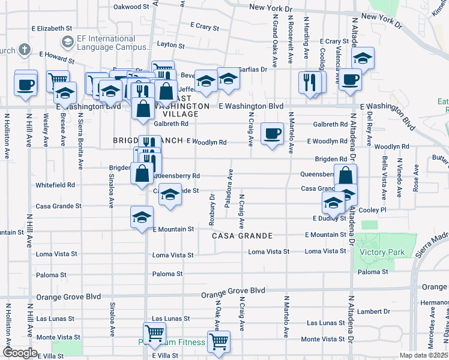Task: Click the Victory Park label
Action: click(382, 253)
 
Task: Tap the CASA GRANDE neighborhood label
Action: click(242, 236)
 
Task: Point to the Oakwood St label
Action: click(131, 7)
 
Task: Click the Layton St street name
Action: click(170, 44)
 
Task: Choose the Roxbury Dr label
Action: click(212, 209)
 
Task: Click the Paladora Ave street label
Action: click(228, 188)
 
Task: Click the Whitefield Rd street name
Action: click(55, 185)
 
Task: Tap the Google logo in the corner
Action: click(20, 353)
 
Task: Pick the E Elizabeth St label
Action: click(52, 28)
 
